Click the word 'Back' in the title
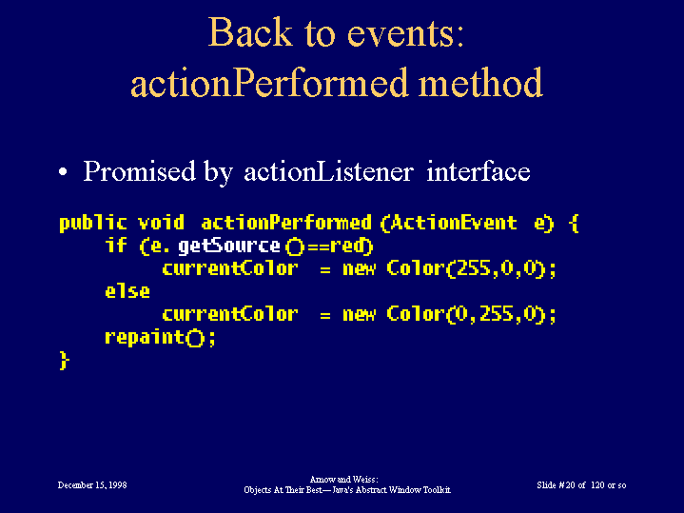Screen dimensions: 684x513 (250, 31)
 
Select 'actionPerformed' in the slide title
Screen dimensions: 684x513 (269, 84)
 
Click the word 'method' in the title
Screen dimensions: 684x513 (480, 82)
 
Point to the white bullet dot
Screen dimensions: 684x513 (63, 171)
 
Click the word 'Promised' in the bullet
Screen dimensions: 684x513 (140, 170)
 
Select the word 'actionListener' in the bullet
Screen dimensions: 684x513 (328, 171)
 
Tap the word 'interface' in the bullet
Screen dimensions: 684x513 (479, 170)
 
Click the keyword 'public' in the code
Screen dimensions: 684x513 (93, 223)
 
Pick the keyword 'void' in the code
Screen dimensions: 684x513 (161, 223)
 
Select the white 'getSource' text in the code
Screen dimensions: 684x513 (229, 247)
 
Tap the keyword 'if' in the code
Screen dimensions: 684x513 (116, 245)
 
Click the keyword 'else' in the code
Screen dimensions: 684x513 (127, 291)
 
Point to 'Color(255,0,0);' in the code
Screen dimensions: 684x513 (472, 269)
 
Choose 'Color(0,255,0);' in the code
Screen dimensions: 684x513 (472, 314)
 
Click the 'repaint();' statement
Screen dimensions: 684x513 (160, 338)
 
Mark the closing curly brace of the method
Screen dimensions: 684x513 (64, 361)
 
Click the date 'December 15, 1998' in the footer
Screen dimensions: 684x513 (92, 485)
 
